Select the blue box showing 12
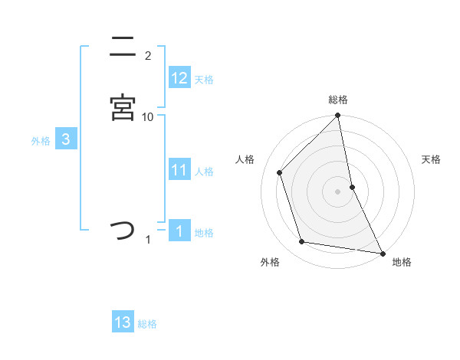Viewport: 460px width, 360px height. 179,78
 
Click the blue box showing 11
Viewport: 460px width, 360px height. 179,170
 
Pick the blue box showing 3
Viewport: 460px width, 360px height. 66,139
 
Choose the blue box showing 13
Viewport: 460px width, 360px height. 123,322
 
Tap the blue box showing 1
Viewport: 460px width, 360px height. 179,231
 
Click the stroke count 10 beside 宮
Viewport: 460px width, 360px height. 148,116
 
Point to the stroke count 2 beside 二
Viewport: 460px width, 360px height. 148,56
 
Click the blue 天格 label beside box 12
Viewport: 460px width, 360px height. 204,80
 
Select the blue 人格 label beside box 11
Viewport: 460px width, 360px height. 204,172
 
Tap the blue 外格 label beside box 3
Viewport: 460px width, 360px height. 41,141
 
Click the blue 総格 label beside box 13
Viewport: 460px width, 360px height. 147,324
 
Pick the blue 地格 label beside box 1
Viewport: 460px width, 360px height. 204,233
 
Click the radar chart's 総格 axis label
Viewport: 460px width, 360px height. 338,100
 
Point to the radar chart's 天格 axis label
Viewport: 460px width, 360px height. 432,159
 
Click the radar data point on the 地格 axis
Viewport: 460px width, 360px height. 381,252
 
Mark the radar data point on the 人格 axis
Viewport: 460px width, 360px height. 280,172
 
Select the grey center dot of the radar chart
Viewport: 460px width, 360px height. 338,191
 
